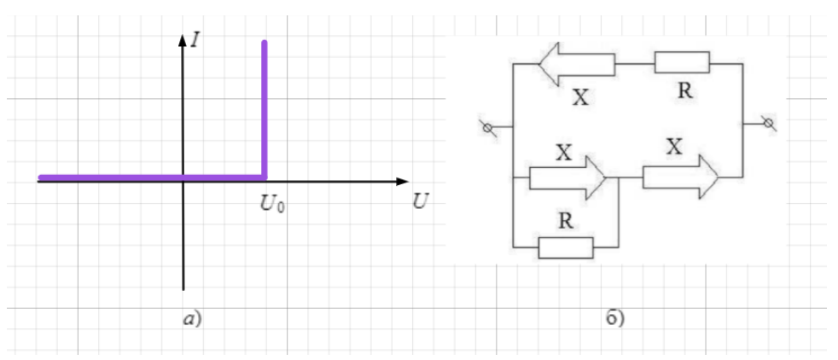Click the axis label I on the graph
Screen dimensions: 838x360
click(195, 39)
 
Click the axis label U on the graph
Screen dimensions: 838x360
click(421, 201)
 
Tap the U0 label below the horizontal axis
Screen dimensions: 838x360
click(272, 204)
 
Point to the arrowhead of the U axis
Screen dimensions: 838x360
click(403, 182)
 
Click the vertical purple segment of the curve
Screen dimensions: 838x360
click(264, 109)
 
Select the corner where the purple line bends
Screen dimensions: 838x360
click(264, 177)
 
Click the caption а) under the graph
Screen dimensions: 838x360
click(192, 319)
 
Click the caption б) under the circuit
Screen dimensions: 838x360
click(615, 318)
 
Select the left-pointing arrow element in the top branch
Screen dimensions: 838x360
click(577, 64)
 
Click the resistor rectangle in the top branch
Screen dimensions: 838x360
click(682, 62)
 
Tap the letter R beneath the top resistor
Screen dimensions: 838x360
click(684, 90)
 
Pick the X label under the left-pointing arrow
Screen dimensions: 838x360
click(580, 98)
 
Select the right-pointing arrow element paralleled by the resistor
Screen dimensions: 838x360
click(567, 177)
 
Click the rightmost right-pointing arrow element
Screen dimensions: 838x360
click(680, 177)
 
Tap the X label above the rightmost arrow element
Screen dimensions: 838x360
click(674, 147)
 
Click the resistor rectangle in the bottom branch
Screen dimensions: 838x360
click(566, 248)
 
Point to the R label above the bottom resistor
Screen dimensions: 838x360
click(566, 221)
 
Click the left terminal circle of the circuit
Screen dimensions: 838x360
click(487, 128)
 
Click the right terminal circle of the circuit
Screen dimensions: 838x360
click(769, 124)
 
